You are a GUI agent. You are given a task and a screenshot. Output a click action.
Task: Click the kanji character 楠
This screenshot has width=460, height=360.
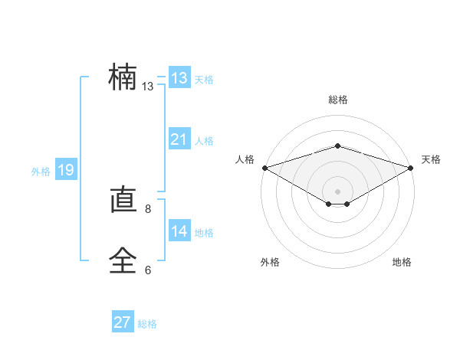pyautogui.click(x=123, y=78)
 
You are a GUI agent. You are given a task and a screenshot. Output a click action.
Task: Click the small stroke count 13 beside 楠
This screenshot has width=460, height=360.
pyautogui.click(x=148, y=87)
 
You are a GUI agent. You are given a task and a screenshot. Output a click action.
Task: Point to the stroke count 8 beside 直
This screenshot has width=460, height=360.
pyautogui.click(x=148, y=208)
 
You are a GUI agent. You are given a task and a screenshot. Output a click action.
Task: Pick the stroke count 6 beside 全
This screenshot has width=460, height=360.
pyautogui.click(x=148, y=270)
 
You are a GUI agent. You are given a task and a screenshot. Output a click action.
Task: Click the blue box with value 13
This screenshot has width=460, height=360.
pyautogui.click(x=179, y=78)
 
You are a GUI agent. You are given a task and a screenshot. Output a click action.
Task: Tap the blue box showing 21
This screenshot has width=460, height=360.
pyautogui.click(x=179, y=140)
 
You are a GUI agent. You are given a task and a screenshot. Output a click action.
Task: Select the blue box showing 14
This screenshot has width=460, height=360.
pyautogui.click(x=179, y=231)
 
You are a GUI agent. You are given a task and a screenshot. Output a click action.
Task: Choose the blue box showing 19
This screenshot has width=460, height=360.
pyautogui.click(x=65, y=170)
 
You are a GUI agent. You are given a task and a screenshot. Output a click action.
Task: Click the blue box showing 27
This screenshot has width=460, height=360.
pyautogui.click(x=123, y=322)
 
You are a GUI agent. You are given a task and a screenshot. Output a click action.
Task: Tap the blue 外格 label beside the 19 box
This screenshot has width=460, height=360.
pyautogui.click(x=41, y=172)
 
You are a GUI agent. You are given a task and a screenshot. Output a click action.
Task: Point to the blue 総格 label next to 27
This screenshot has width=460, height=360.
pyautogui.click(x=147, y=324)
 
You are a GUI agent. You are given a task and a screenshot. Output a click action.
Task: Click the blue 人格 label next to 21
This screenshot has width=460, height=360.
pyautogui.click(x=204, y=141)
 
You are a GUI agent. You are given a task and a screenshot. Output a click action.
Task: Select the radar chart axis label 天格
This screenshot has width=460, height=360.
pyautogui.click(x=431, y=159)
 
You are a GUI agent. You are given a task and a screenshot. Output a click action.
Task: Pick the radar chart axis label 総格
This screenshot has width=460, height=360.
pyautogui.click(x=337, y=100)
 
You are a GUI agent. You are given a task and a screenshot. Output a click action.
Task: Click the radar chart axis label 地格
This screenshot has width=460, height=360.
pyautogui.click(x=402, y=262)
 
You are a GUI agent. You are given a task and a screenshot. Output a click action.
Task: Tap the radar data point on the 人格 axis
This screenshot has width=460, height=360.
pyautogui.click(x=264, y=167)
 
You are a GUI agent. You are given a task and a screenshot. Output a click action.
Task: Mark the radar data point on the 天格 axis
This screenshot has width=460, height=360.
pyautogui.click(x=411, y=167)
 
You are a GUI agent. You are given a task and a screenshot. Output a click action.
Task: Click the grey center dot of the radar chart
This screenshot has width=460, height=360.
pyautogui.click(x=337, y=191)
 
